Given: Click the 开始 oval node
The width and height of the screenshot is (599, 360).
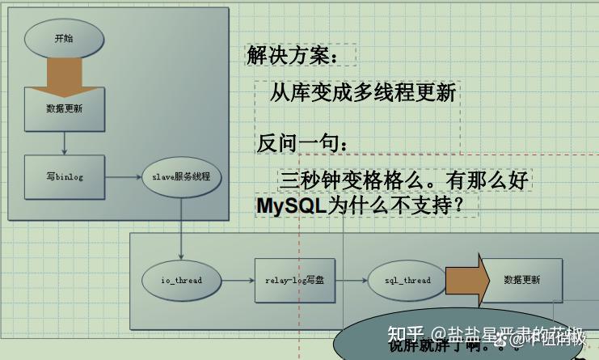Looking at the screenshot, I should (x=64, y=38).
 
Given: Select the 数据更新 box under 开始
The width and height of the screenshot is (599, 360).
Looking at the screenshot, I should (x=64, y=108).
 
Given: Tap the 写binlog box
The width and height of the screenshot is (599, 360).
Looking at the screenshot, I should (x=64, y=176).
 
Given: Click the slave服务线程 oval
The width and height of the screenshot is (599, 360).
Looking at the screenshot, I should (x=181, y=176).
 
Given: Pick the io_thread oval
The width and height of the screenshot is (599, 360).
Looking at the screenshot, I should (x=181, y=280).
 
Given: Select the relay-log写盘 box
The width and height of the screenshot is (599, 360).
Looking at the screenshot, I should (x=294, y=280).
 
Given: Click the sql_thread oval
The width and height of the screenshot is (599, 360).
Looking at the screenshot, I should (x=407, y=280).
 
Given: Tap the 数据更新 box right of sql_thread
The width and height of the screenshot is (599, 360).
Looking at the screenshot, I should (x=521, y=280).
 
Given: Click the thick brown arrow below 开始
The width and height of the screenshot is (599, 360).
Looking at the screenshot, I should (x=64, y=74).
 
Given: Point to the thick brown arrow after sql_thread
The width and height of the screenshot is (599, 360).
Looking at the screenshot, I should (x=465, y=280).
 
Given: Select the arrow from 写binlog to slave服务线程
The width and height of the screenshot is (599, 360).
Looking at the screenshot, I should (x=122, y=176).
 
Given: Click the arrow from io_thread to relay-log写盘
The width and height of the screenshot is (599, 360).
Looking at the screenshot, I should (x=238, y=280).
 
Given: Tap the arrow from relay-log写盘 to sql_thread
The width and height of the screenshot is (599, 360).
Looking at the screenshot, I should (x=350, y=280).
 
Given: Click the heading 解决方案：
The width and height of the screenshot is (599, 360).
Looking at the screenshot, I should (x=289, y=56).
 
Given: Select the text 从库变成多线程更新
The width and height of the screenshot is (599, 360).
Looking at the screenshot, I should (x=363, y=92).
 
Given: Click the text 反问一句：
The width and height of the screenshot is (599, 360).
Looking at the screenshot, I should (x=303, y=143).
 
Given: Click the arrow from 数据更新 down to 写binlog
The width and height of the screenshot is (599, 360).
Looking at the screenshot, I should (x=64, y=142).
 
